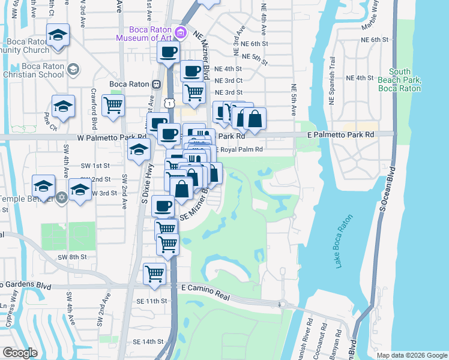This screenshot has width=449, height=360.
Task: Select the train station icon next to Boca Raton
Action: (x=155, y=85)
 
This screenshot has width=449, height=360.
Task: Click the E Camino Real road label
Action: (x=205, y=289)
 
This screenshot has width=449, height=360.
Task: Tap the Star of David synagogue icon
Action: (x=61, y=198)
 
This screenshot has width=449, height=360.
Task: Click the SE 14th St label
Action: (x=148, y=341)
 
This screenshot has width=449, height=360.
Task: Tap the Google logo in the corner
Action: (x=20, y=353)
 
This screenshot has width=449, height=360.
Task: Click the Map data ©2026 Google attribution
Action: (x=411, y=355)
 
